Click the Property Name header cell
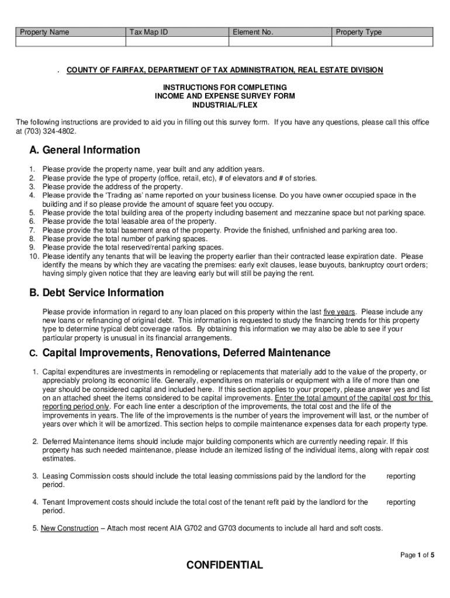coord(44,32)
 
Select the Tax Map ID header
coord(148,32)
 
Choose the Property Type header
coord(358,32)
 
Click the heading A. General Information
coord(85,150)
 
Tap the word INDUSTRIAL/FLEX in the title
coord(225,105)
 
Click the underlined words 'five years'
coord(339,312)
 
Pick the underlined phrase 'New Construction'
coord(70,529)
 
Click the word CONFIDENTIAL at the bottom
coord(225,565)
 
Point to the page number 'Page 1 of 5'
coord(417,555)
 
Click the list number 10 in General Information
coord(34,256)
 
